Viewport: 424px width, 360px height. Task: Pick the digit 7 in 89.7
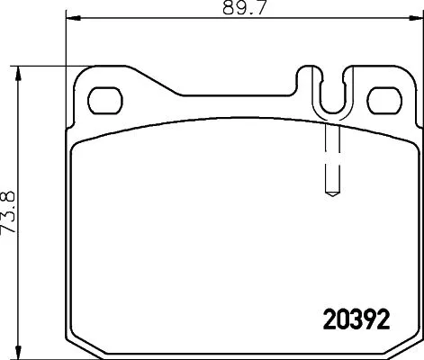coord(248,9)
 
